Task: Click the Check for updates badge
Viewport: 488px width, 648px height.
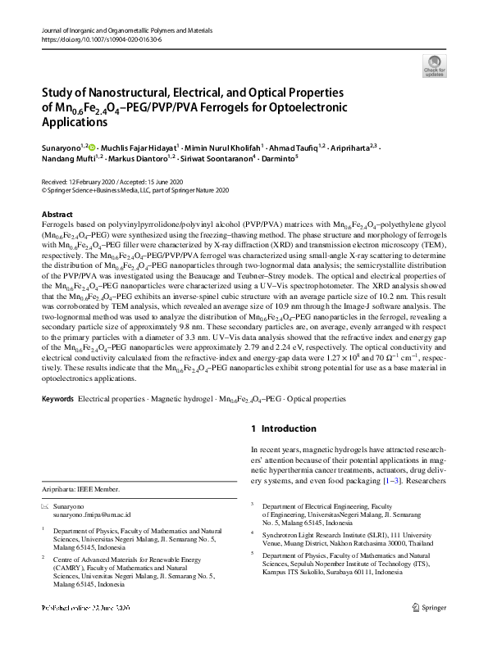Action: (x=434, y=66)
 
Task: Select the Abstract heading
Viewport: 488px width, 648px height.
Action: (x=57, y=214)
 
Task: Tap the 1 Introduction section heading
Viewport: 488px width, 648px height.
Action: (x=283, y=428)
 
